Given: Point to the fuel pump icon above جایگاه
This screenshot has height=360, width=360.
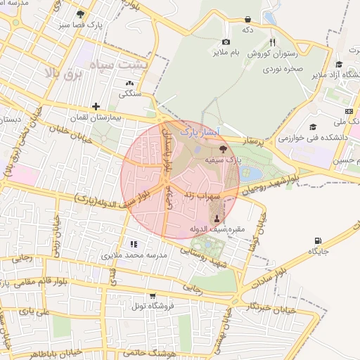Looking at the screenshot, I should click(318, 241).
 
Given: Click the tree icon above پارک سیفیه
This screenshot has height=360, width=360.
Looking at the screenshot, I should click(223, 148).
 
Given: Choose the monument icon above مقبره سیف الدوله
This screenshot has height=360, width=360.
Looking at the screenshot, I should click(217, 219).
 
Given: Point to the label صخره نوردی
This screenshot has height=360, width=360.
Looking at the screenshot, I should click(284, 70).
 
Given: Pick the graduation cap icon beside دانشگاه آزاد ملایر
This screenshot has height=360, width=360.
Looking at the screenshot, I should click(338, 65).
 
